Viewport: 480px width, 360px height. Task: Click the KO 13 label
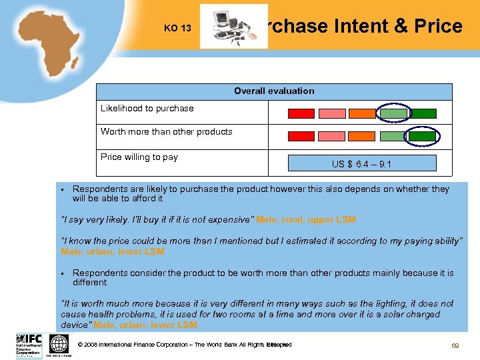[177, 29]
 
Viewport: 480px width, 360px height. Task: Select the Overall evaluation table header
[274, 91]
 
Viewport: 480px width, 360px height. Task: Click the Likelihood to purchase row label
[147, 109]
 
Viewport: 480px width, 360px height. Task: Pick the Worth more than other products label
[166, 132]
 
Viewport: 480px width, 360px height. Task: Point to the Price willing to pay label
[139, 157]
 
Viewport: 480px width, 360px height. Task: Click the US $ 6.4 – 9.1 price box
[361, 163]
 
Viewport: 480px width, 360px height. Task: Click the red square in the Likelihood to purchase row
[301, 113]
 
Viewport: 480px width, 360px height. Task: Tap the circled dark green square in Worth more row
[422, 136]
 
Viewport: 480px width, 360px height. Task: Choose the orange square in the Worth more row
[362, 136]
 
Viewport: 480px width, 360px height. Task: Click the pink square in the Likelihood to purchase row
[332, 113]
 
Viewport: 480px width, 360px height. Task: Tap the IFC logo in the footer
[28, 345]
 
